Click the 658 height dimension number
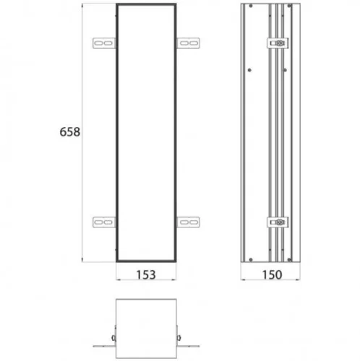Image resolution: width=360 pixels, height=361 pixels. [x=69, y=132]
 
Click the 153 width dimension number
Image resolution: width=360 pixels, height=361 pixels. [x=146, y=274]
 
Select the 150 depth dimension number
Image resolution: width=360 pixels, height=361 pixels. [x=272, y=274]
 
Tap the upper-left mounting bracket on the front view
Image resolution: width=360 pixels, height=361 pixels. [x=104, y=43]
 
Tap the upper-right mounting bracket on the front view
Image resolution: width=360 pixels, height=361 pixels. [x=188, y=43]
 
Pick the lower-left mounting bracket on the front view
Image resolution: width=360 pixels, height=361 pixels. [x=104, y=222]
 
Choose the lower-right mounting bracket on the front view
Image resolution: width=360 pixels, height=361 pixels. [x=188, y=222]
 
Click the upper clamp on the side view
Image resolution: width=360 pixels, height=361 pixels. [x=278, y=43]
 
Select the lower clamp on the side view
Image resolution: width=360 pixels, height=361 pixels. [x=278, y=222]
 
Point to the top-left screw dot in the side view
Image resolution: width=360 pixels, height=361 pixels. [x=251, y=6]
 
